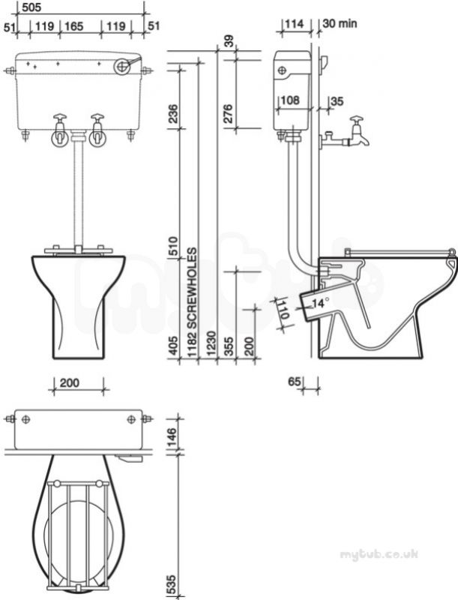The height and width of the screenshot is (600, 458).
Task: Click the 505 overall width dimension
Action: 31,7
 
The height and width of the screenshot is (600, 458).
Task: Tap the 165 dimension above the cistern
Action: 73,26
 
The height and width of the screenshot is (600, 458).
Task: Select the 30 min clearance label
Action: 340,23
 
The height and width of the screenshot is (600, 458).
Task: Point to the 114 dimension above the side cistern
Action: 295,24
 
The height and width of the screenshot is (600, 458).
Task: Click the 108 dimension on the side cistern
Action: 290,100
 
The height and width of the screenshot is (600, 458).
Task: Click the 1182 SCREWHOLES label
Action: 193,303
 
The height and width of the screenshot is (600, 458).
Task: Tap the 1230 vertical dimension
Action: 211,344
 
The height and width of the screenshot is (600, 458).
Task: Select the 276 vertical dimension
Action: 228,113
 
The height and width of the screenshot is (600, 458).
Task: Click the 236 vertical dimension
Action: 173,113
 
